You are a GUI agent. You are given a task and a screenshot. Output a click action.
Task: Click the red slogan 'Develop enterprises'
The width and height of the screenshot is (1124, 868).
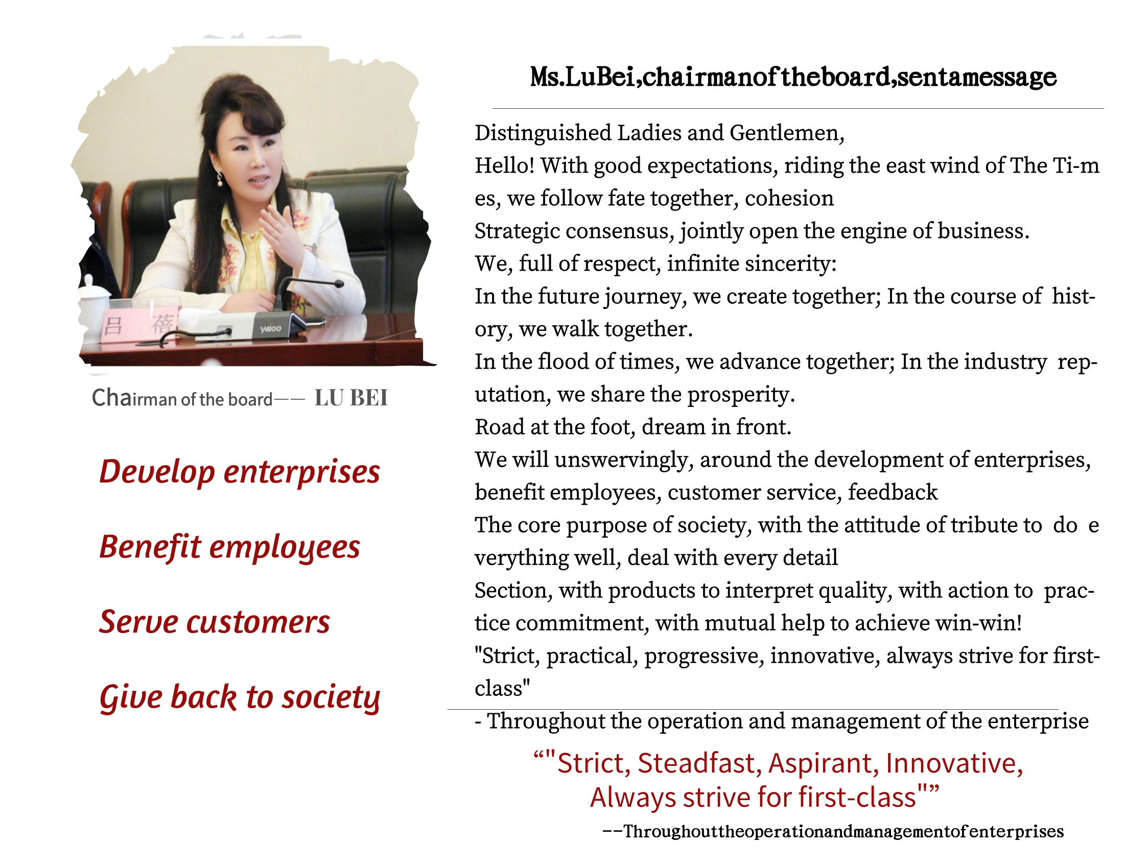tap(239, 472)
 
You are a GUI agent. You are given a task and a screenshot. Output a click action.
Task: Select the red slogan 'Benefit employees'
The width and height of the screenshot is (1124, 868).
tap(229, 547)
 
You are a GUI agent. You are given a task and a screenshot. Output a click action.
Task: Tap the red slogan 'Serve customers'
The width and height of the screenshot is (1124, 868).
tap(215, 622)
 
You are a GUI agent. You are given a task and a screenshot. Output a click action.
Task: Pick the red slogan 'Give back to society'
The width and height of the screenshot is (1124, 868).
tap(240, 698)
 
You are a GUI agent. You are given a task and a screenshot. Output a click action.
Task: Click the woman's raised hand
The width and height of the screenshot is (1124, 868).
tap(282, 234)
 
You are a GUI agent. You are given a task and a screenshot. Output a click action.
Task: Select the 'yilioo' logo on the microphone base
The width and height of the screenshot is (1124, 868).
tap(270, 328)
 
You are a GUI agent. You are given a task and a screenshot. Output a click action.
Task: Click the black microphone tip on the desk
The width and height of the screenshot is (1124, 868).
tap(339, 283)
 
